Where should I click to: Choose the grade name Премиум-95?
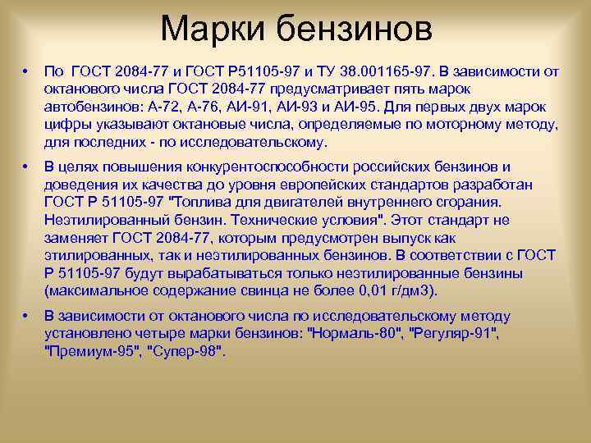click(x=90, y=351)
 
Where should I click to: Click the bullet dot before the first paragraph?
click(x=27, y=71)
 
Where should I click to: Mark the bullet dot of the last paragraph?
click(x=27, y=316)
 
